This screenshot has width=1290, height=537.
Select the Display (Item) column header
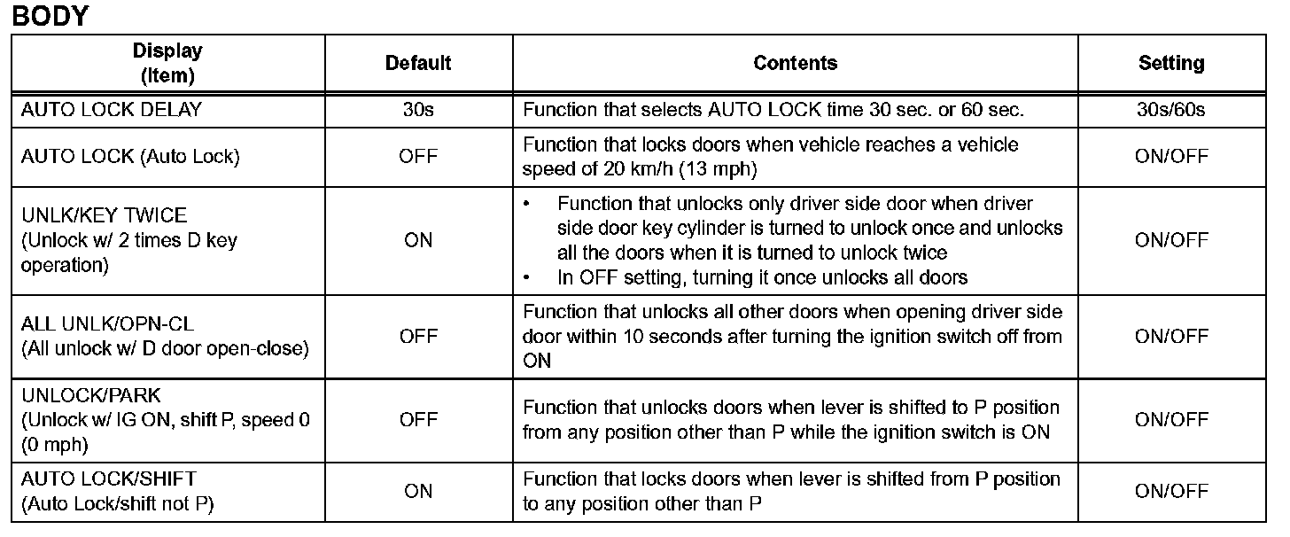167,63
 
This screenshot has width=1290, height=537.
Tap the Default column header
418,63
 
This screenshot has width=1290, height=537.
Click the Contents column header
795,63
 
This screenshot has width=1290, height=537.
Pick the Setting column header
1171,63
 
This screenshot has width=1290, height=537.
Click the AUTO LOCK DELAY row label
112,111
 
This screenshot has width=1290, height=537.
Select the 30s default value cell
418,111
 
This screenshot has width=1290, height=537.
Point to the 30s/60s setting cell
1171,111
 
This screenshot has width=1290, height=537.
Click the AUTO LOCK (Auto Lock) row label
130,157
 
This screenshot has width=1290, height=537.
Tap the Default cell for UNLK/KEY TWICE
418,240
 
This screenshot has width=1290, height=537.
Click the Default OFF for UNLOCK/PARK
418,420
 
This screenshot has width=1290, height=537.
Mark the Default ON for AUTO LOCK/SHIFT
418,492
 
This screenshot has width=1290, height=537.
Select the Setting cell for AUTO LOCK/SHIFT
1171,492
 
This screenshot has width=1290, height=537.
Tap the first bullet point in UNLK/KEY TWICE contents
528,204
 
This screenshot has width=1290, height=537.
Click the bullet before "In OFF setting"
528,277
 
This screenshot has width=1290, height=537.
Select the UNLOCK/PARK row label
91,396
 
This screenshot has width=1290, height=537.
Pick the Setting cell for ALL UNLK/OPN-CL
1171,337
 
